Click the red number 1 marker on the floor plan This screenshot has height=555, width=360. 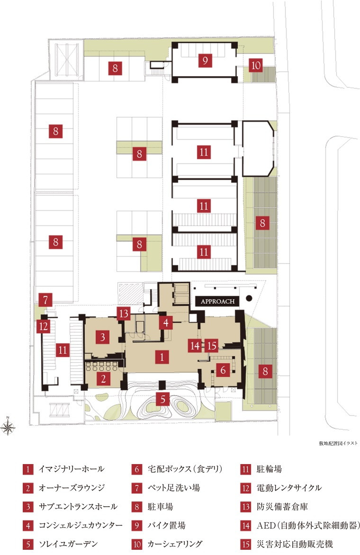162,357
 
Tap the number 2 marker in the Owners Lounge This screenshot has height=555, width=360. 103,379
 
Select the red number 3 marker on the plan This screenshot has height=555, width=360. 103,337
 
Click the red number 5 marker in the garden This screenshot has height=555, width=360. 163,399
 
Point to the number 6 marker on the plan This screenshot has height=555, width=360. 223,370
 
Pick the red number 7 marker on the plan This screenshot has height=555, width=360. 45,300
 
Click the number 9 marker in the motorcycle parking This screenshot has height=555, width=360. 205,60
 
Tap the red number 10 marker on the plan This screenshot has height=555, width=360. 256,65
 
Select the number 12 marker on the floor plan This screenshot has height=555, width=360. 44,326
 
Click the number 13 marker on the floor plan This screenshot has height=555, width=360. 124,313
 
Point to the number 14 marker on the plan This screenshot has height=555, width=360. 195,346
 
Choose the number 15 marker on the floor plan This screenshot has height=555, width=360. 212,346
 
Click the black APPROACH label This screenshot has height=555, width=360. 217,302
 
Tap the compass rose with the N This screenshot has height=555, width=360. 8,427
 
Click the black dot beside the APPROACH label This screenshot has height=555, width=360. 249,298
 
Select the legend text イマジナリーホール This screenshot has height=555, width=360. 71,469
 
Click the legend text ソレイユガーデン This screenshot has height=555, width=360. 68,544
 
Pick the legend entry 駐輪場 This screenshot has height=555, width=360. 269,469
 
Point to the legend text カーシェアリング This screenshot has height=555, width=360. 175,544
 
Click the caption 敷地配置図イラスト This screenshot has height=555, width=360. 338,443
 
